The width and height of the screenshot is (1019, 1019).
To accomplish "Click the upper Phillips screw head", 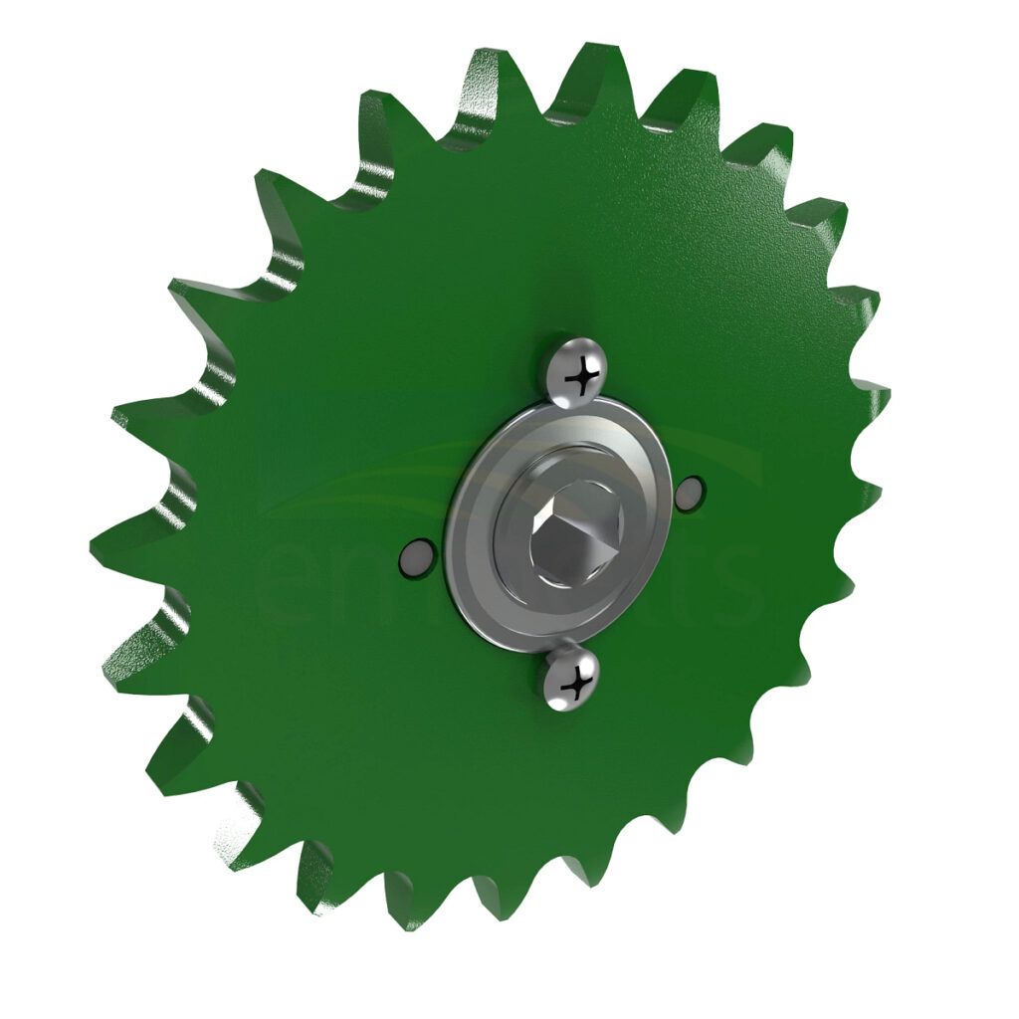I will (574, 371).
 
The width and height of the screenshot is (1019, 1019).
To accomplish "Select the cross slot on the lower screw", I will (574, 684).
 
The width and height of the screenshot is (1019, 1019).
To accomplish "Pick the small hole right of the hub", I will (689, 493).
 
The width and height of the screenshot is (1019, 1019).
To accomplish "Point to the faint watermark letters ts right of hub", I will (731, 582).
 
